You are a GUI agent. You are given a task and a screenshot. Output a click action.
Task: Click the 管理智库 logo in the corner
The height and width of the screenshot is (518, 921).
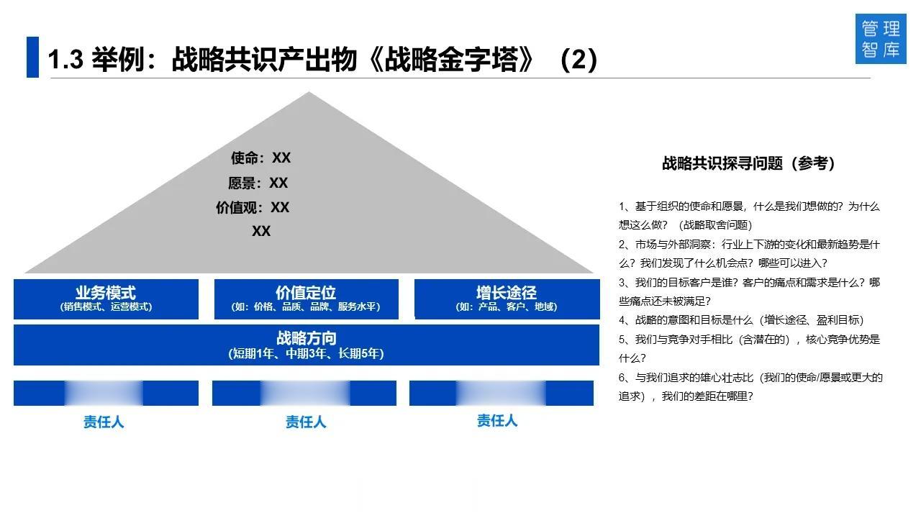tap(881, 39)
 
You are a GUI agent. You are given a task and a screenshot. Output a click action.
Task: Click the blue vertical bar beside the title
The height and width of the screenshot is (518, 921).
tap(32, 58)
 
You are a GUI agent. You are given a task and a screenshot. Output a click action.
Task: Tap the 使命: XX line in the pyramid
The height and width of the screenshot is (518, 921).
tap(260, 158)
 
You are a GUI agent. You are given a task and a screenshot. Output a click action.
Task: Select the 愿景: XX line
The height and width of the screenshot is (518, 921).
tap(258, 183)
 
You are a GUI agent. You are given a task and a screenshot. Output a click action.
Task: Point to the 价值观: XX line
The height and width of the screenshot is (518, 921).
tap(253, 207)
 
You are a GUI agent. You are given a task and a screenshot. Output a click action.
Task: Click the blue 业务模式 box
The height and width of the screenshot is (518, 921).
tap(106, 299)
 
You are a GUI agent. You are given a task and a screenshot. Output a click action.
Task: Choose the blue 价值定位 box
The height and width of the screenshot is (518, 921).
tap(306, 299)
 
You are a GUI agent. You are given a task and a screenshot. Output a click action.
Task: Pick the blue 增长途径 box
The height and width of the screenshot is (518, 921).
tap(507, 299)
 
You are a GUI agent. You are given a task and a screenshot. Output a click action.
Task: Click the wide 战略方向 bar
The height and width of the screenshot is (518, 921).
tap(306, 345)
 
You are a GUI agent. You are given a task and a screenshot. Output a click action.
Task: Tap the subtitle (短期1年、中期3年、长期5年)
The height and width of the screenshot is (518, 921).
tap(306, 353)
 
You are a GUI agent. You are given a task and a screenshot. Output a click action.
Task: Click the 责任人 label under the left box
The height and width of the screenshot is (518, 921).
tap(104, 422)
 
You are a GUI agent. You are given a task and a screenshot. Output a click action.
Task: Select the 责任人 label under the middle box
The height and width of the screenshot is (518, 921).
tap(306, 422)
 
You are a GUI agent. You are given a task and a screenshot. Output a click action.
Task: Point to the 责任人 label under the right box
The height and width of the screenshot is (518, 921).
tap(497, 420)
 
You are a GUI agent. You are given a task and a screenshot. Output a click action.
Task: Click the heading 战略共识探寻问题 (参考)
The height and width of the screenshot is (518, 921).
tap(748, 163)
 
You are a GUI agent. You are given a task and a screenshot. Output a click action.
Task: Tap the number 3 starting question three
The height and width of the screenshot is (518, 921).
tap(622, 283)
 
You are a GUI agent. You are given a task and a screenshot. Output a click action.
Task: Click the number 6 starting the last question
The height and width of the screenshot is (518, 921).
tap(622, 378)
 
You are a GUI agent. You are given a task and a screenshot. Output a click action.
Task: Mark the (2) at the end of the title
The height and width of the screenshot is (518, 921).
tap(579, 60)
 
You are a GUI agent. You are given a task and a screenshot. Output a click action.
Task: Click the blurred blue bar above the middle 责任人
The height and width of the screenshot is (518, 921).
tap(304, 394)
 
